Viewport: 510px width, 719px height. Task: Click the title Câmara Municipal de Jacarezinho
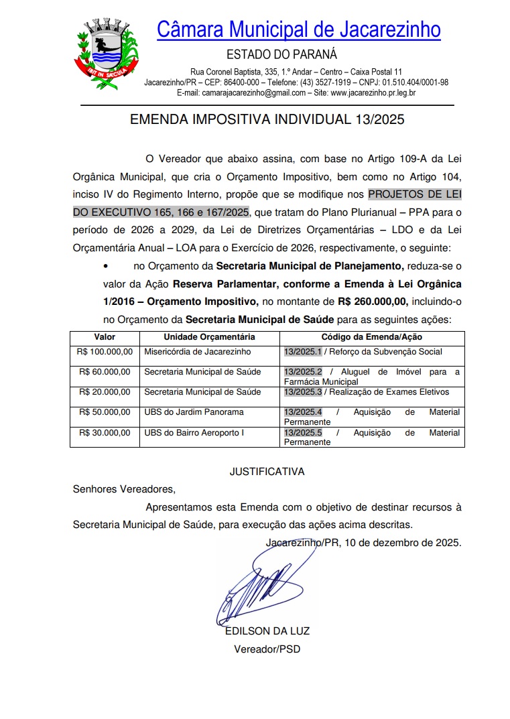[299, 29]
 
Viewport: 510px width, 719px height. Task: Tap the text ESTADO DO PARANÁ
[281, 54]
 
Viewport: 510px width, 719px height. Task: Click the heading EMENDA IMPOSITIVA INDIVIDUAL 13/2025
[267, 120]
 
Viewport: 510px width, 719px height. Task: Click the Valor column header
[105, 337]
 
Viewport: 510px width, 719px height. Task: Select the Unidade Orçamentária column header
[209, 337]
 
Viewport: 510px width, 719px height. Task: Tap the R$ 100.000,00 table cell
[105, 352]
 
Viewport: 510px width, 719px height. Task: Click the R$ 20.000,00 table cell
[105, 392]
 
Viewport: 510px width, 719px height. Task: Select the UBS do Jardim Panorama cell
[194, 412]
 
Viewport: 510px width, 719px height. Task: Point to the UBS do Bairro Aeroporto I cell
[194, 433]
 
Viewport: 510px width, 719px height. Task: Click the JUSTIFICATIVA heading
[267, 472]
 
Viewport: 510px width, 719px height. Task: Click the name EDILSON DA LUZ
[267, 631]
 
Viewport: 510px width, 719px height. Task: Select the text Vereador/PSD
[267, 649]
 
